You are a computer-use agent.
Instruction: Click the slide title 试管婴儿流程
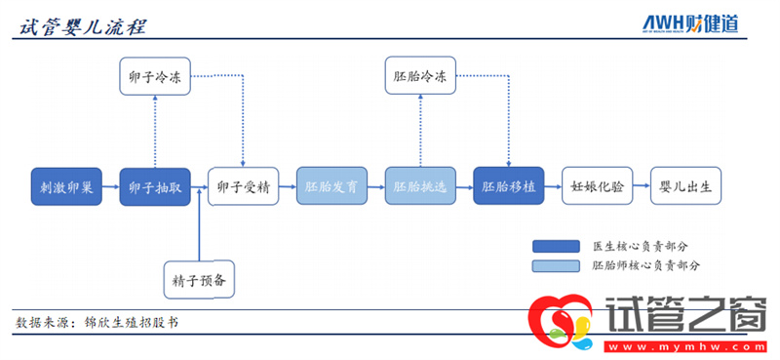pos(83,25)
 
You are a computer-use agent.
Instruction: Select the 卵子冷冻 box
pos(155,77)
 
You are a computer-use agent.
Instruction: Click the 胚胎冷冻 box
pos(420,77)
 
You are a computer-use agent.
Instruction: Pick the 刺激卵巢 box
pos(66,185)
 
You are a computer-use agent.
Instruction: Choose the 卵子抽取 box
pos(155,185)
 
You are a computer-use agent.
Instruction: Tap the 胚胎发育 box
pos(331,185)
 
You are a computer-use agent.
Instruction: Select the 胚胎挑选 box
pos(420,185)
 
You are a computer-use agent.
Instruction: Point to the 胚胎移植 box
pos(509,185)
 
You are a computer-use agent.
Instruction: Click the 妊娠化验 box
pos(598,185)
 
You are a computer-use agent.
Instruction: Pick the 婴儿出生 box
pos(686,185)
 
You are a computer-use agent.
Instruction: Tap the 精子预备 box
pos(200,280)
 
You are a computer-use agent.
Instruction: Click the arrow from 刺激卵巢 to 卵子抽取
pos(110,185)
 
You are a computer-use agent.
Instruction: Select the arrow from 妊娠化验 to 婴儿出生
pos(642,185)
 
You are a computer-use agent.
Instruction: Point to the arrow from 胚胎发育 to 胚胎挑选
pos(375,185)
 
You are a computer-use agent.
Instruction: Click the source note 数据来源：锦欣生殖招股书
pos(97,321)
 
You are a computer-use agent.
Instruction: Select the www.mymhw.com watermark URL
pos(682,346)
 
